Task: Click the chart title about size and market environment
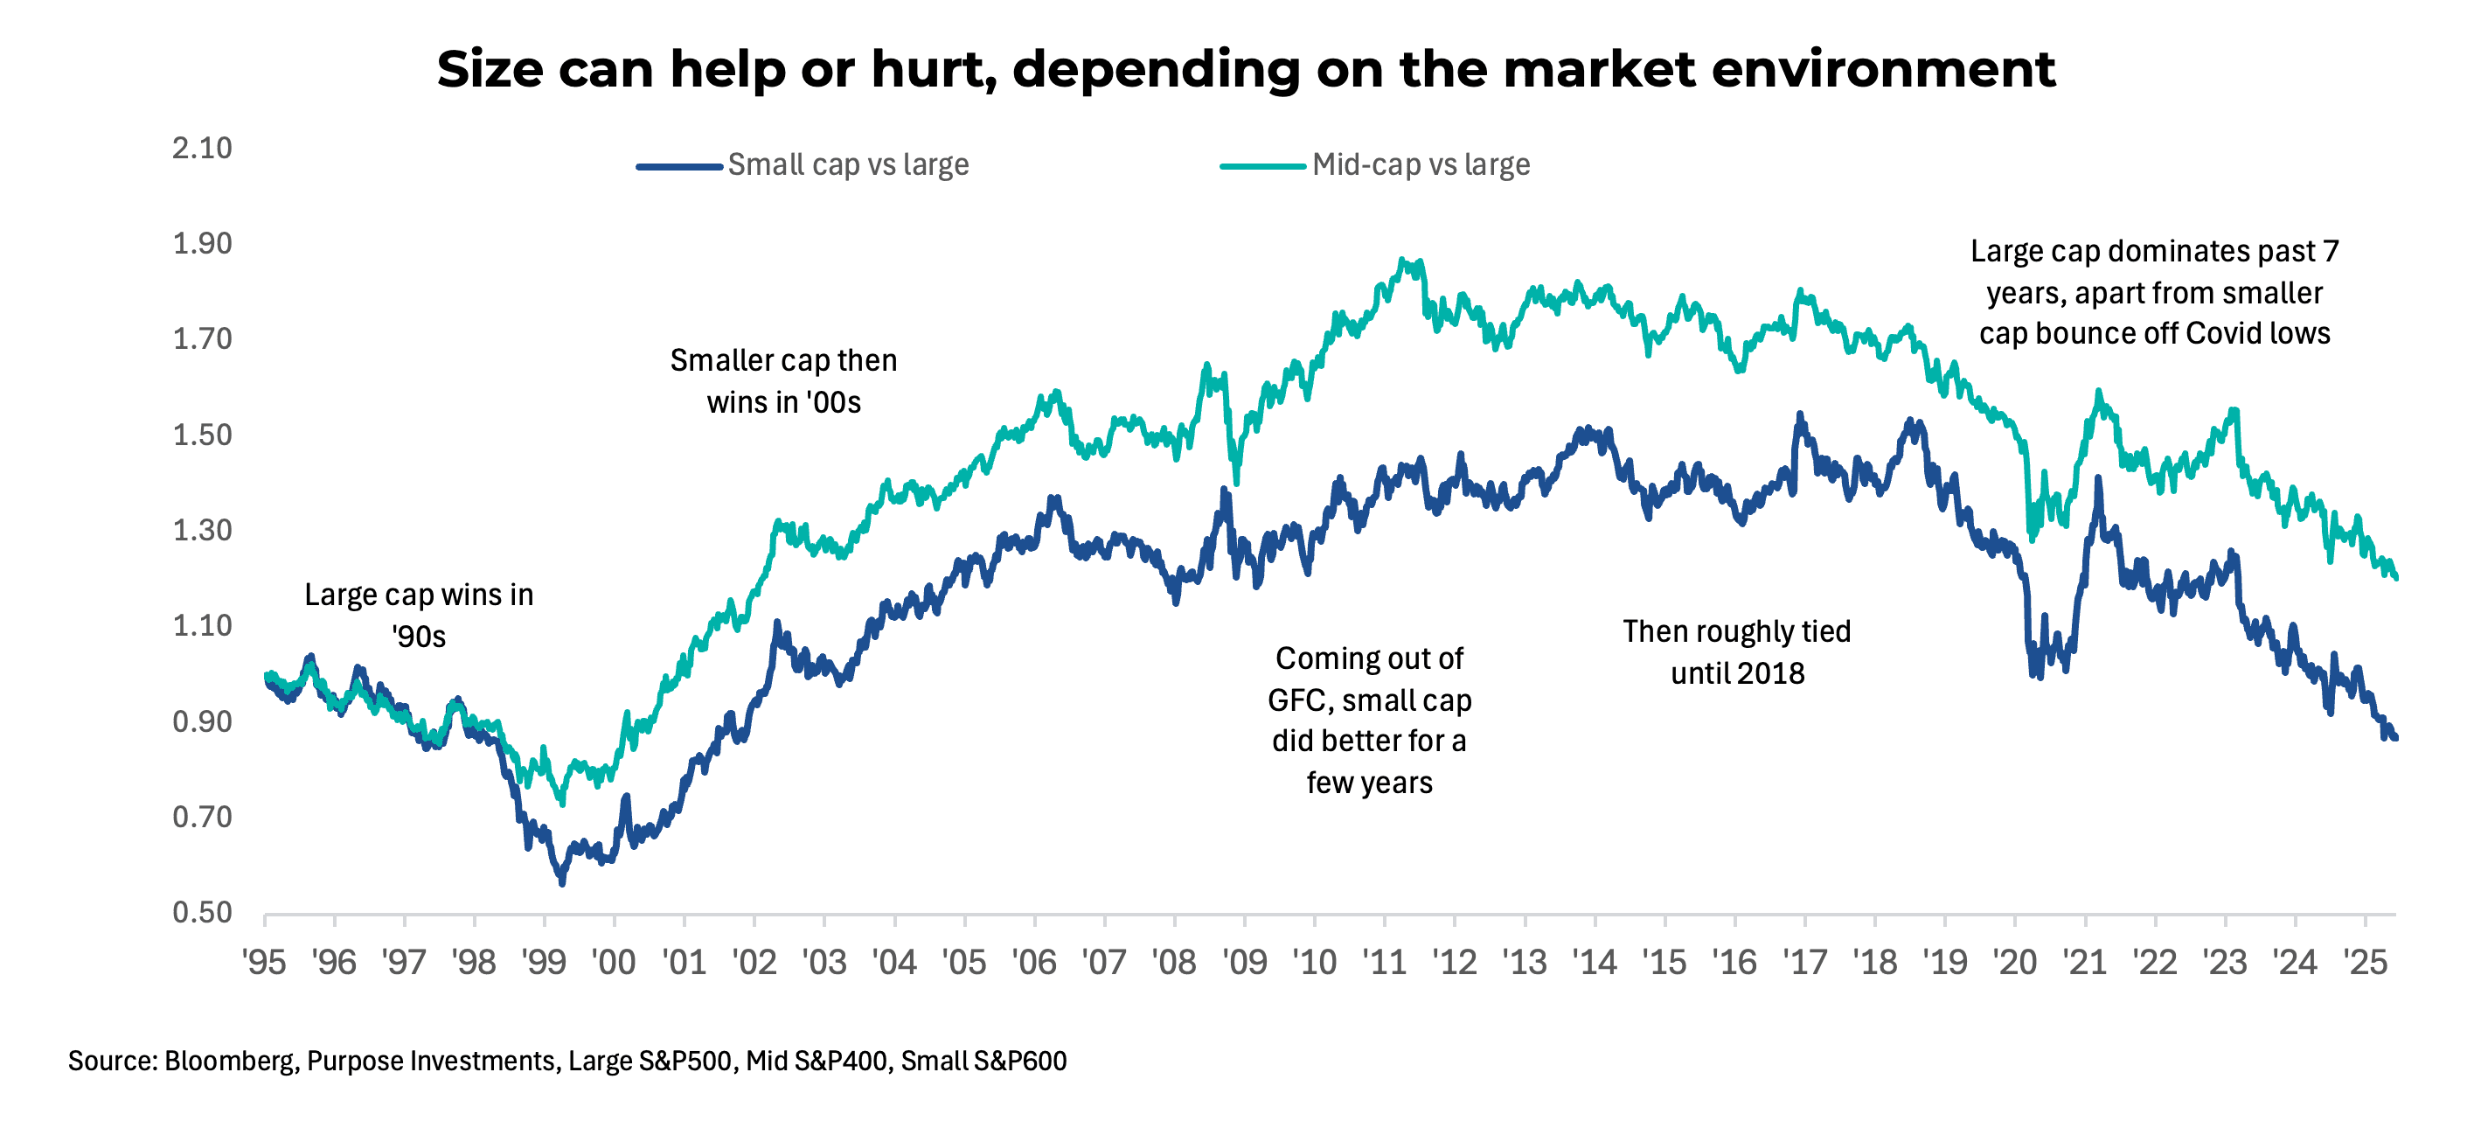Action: tap(1246, 69)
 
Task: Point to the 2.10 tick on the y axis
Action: tap(202, 148)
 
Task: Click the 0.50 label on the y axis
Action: tap(202, 912)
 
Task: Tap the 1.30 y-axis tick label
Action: tap(202, 531)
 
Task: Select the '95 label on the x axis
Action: tap(264, 962)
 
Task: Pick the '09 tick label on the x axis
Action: tap(1245, 962)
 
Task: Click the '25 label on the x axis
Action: tap(2365, 962)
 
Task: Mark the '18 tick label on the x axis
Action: tap(1874, 962)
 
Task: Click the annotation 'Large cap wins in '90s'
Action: tap(419, 615)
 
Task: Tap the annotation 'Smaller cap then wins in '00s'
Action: tap(783, 380)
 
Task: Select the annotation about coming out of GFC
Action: tap(1369, 720)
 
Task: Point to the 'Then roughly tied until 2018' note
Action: tap(1736, 651)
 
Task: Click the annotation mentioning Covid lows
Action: tap(2154, 292)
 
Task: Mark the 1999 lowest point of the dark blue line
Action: tap(562, 882)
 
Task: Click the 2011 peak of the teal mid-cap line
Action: tap(1404, 261)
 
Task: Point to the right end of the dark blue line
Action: tap(2395, 738)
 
